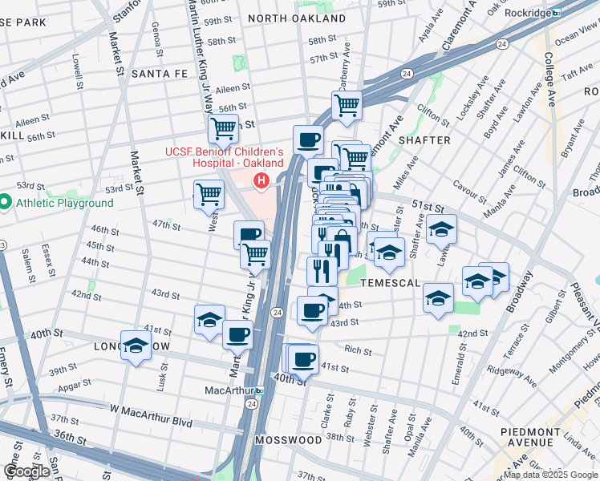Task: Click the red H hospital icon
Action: click(x=261, y=182)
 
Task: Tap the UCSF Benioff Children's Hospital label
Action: click(x=225, y=158)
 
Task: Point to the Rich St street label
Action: click(x=358, y=350)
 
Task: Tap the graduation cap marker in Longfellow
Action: click(x=136, y=346)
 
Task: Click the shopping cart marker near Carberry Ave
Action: click(x=347, y=104)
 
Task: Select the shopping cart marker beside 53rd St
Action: click(x=208, y=193)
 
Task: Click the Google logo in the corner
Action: click(x=26, y=471)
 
